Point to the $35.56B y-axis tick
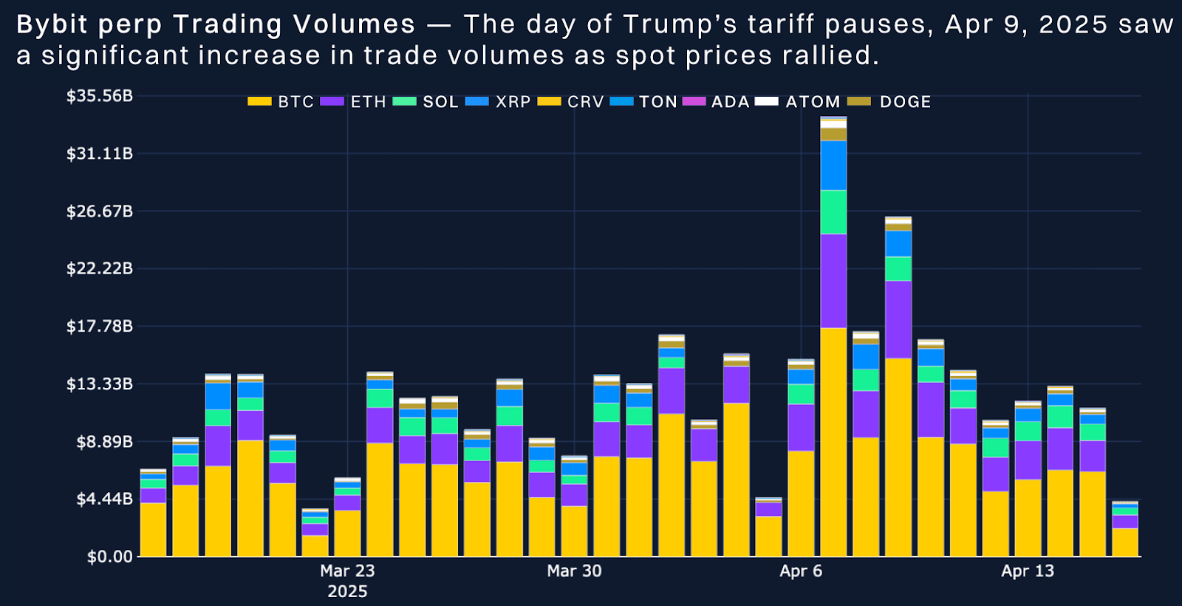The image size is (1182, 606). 100,96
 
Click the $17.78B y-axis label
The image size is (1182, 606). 100,326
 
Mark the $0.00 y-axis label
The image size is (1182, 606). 109,556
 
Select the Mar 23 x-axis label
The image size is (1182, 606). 347,571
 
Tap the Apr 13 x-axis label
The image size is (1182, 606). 1027,571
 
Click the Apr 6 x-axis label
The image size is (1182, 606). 801,571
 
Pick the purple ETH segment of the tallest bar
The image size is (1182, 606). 833,281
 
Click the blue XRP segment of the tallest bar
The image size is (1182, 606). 833,166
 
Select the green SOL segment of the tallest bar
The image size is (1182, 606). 833,212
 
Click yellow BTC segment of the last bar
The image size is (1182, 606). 1125,542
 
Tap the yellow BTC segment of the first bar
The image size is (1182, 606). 153,529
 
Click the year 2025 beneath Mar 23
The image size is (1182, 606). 347,591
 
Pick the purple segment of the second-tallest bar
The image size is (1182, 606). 898,319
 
